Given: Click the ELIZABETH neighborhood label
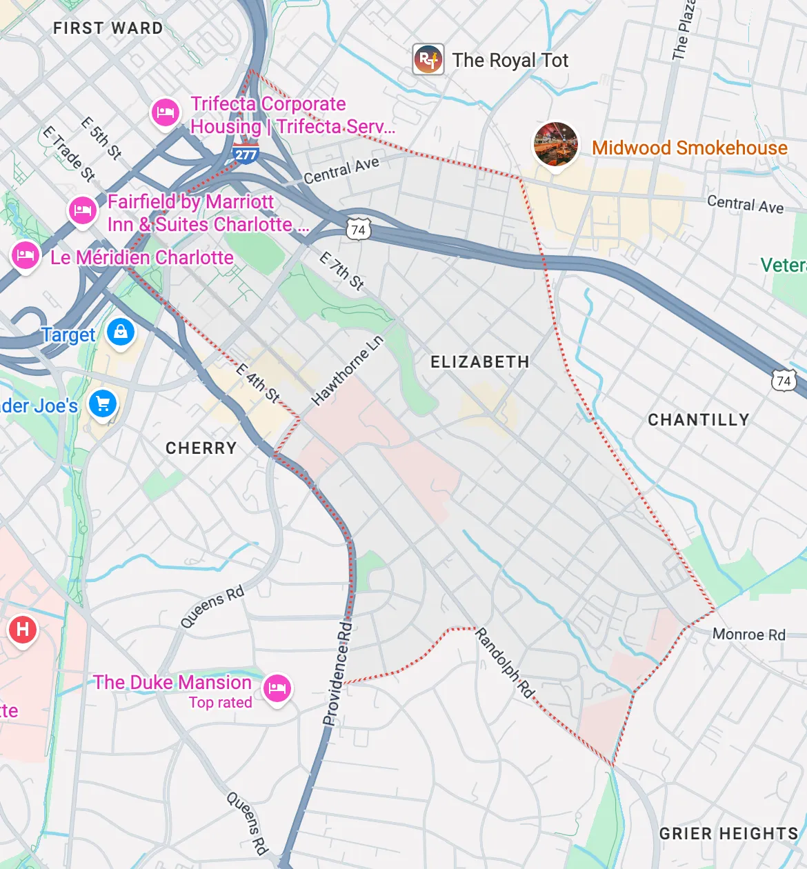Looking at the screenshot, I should click(479, 362).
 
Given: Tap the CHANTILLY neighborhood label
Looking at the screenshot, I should click(698, 420).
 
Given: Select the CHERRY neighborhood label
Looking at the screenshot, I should click(201, 448).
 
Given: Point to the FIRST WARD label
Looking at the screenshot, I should click(108, 28).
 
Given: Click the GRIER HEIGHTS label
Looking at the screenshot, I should click(728, 834).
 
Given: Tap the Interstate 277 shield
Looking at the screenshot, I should click(246, 154).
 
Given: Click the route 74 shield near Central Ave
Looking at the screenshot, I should click(358, 230).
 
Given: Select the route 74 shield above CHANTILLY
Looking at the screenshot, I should click(784, 381).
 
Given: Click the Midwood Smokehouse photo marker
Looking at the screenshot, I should click(556, 143).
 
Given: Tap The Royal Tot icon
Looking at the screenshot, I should click(428, 60).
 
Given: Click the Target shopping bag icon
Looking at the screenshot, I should click(121, 332).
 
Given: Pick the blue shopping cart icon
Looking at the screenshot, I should click(103, 404).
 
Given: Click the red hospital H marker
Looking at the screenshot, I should click(23, 629).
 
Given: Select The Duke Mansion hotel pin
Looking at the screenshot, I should click(277, 688).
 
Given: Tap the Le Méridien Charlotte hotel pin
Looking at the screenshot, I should click(25, 255).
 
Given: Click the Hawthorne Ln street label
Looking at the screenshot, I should click(347, 371).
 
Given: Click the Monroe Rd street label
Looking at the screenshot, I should click(748, 635).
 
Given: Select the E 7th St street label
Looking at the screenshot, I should click(341, 270).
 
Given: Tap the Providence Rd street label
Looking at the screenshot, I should click(337, 674).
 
